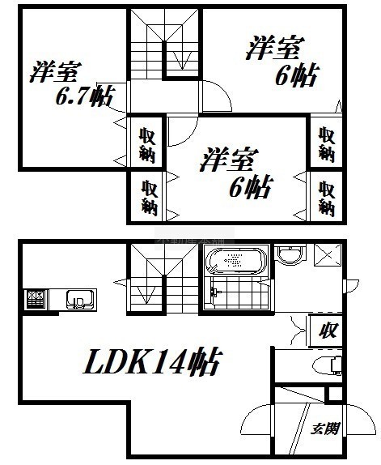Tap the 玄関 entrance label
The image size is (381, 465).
pos(324,429)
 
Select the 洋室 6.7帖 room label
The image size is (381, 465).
pos(71,83)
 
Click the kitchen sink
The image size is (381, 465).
pos(81,299)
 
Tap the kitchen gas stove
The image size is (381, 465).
pos(36,300)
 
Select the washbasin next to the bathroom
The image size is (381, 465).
pos(290,255)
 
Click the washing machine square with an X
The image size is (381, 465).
pos(327,255)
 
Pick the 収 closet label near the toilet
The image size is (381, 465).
pos(328,331)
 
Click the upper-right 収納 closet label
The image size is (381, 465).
pos(327,145)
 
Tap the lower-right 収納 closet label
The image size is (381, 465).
pos(327,198)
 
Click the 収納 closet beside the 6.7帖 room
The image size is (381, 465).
pos(147,145)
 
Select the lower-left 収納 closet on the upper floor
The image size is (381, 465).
pos(149,198)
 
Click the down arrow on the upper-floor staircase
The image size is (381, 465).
pos(182,61)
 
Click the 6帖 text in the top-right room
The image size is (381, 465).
pos(297,75)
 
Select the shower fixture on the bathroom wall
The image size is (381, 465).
pos(214,292)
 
